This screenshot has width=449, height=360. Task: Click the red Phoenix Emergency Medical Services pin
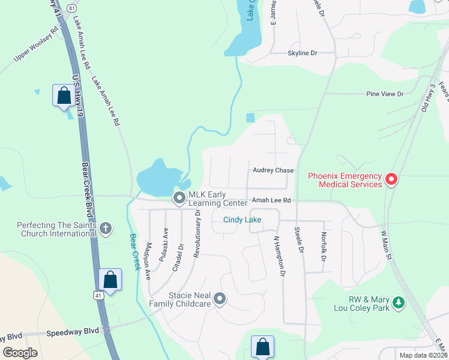tap(391, 179)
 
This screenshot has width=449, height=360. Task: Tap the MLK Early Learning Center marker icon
tap(179, 197)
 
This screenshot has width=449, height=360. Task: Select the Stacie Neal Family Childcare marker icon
tap(220, 298)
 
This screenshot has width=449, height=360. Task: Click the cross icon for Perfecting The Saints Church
tap(106, 228)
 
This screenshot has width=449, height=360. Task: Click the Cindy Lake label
tap(242, 220)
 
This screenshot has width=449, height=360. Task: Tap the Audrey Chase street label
tap(273, 170)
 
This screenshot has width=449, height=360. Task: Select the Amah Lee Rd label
tap(271, 200)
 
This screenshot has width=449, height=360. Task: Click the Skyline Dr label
tap(302, 53)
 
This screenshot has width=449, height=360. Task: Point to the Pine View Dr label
tap(385, 94)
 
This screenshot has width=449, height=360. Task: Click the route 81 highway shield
tap(71, 7)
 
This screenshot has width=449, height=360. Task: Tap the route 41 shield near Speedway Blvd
tap(99, 295)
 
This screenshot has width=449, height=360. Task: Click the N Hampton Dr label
tap(278, 255)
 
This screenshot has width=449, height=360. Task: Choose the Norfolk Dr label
tap(324, 247)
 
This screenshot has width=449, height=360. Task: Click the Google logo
tap(20, 353)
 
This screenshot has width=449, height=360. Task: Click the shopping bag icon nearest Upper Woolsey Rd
tap(64, 96)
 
